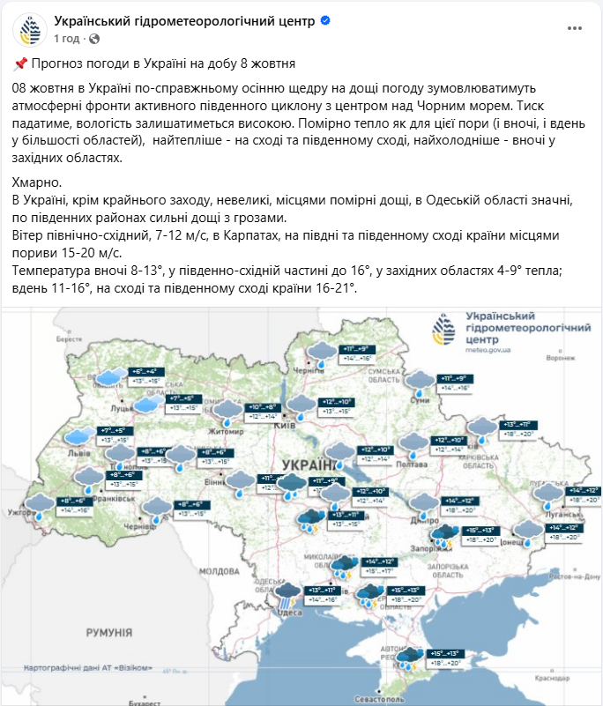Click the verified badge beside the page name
(325, 21)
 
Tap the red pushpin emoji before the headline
(20, 63)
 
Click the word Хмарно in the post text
(38, 182)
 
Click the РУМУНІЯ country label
(108, 633)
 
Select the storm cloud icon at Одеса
(287, 594)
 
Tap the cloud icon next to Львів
(78, 436)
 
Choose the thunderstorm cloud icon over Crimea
(407, 658)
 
